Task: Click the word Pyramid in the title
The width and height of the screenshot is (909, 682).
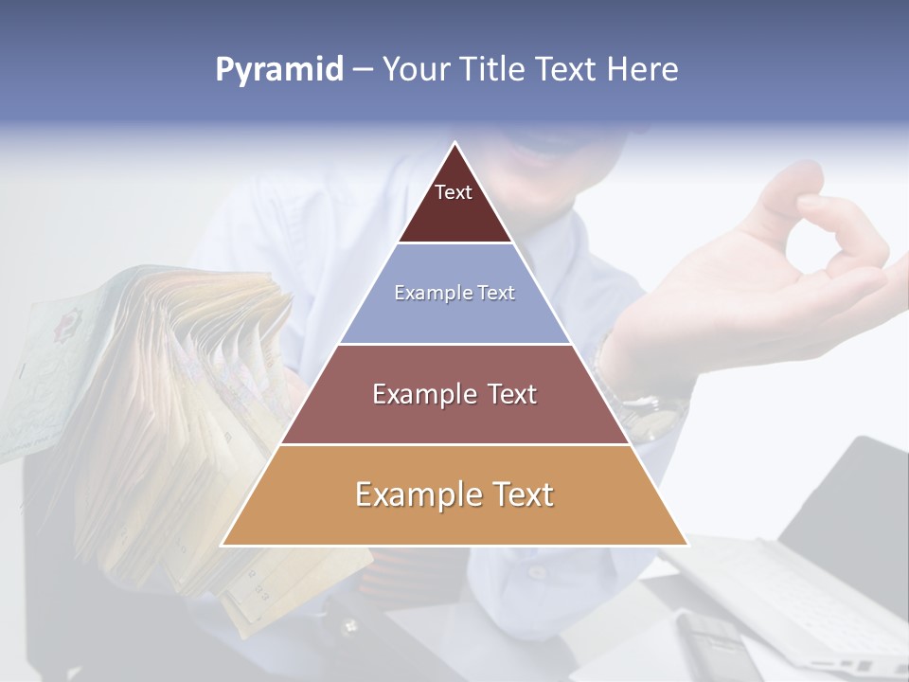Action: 279,70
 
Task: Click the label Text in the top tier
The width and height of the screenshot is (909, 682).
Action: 454,192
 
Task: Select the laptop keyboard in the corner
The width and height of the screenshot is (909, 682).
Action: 814,597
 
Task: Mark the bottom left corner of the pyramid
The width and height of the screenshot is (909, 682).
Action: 222,546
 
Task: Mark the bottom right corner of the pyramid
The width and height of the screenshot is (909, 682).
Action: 687,546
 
